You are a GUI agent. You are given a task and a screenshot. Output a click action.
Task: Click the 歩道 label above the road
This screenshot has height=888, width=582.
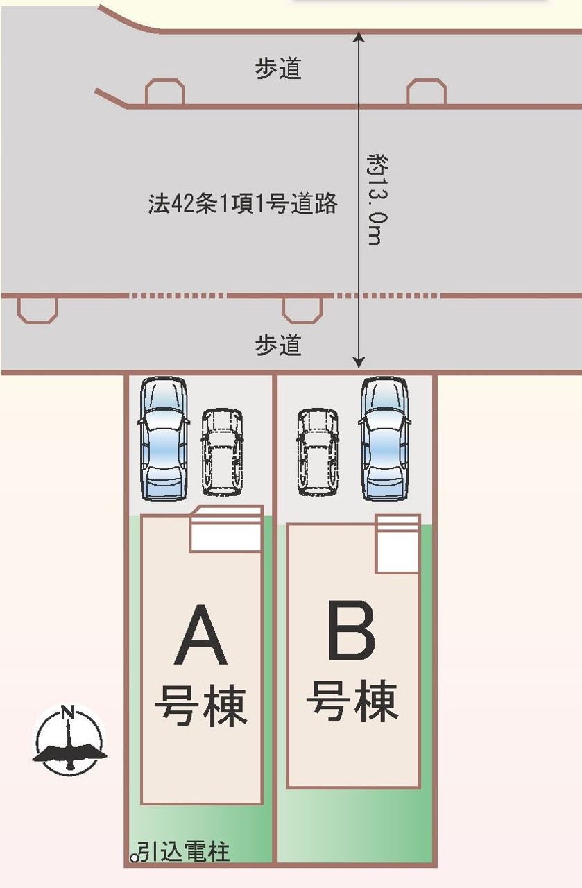click(x=278, y=69)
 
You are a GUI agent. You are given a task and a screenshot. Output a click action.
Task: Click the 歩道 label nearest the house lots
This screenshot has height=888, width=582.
click(x=278, y=345)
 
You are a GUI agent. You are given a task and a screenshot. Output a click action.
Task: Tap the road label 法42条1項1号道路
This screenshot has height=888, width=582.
click(x=242, y=204)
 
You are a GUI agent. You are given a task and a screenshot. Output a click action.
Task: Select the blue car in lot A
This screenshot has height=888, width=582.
click(x=163, y=438)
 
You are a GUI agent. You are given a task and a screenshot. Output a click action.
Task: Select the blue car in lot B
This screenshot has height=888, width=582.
click(x=385, y=438)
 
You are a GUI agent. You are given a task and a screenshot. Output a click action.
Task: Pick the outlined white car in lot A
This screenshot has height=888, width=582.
click(x=223, y=452)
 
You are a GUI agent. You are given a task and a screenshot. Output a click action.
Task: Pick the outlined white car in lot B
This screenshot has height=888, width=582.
click(x=318, y=452)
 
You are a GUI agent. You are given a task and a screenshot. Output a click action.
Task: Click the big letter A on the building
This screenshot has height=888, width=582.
click(x=201, y=635)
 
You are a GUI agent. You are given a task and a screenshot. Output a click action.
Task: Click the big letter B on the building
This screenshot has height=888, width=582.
click(x=352, y=631)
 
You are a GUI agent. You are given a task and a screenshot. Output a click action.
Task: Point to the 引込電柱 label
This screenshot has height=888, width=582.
click(x=183, y=851)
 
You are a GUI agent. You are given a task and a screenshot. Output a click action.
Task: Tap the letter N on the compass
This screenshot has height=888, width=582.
click(x=67, y=711)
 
